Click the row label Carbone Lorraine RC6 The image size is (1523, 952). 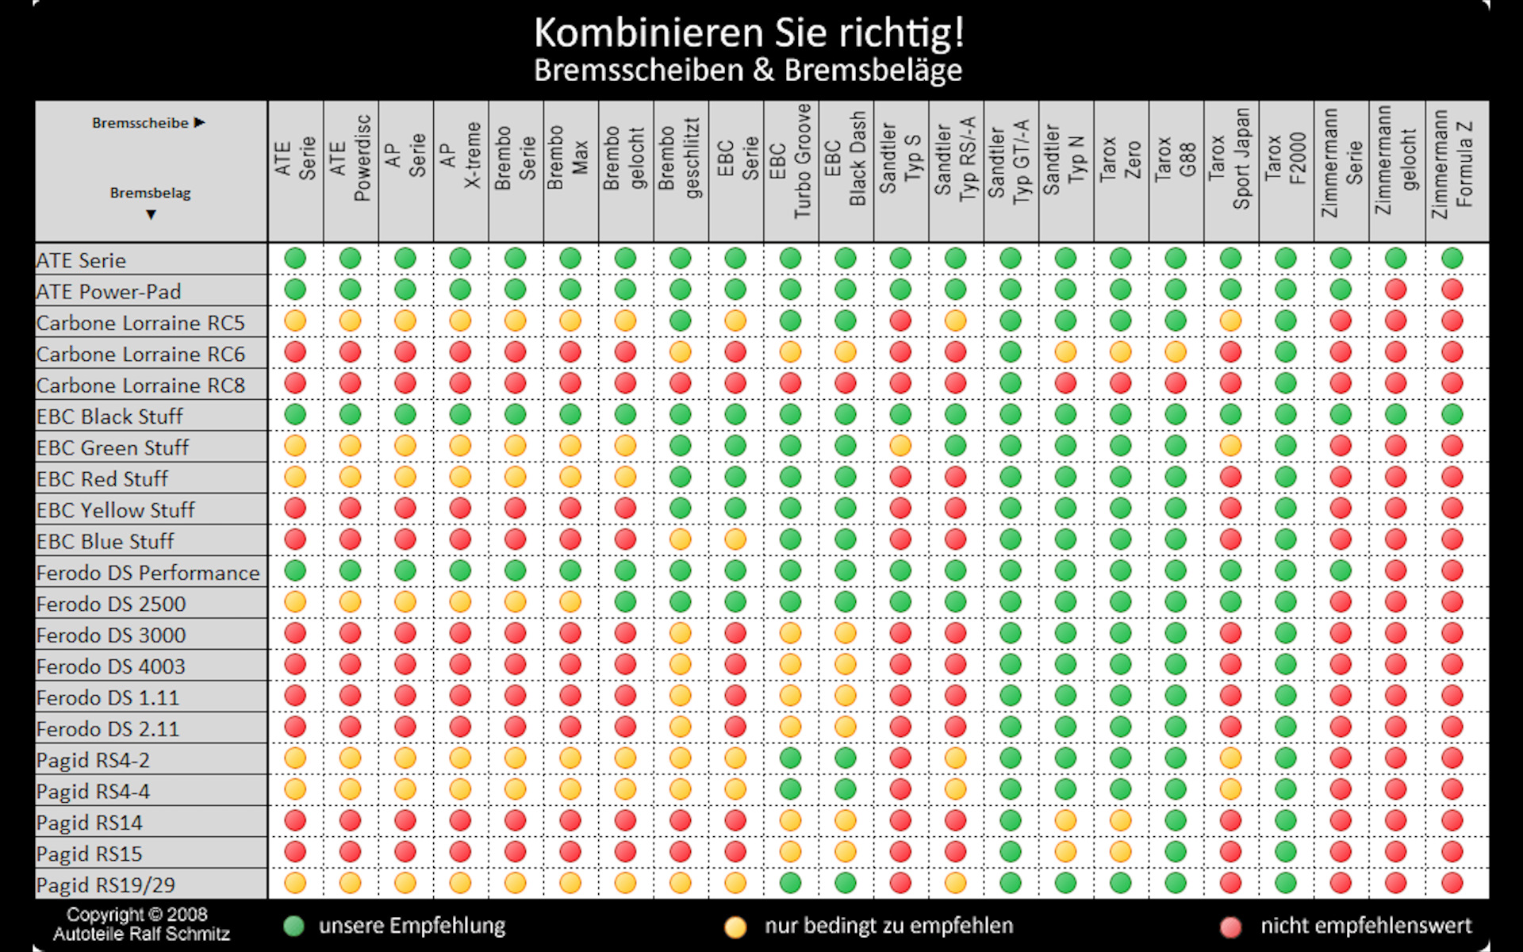[x=140, y=354]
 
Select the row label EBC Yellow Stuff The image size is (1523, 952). [x=115, y=510]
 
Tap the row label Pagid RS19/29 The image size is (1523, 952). [x=105, y=885]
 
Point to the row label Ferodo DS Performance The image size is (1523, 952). [x=148, y=573]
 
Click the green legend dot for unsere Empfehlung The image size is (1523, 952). [x=294, y=926]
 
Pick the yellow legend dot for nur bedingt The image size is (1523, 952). [x=735, y=927]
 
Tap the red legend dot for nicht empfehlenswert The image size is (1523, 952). [x=1230, y=927]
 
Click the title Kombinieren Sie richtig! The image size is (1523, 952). [x=749, y=33]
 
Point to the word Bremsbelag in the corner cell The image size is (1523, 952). [x=150, y=193]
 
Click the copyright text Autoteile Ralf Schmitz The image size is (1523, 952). [x=141, y=935]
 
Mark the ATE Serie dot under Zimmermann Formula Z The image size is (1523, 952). [x=1452, y=258]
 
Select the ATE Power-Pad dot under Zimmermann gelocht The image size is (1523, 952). [x=1395, y=290]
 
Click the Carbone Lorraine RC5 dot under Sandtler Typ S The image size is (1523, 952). [x=900, y=321]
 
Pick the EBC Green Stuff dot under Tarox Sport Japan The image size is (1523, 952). [x=1230, y=446]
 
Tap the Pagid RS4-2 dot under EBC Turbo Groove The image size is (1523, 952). [x=790, y=758]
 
